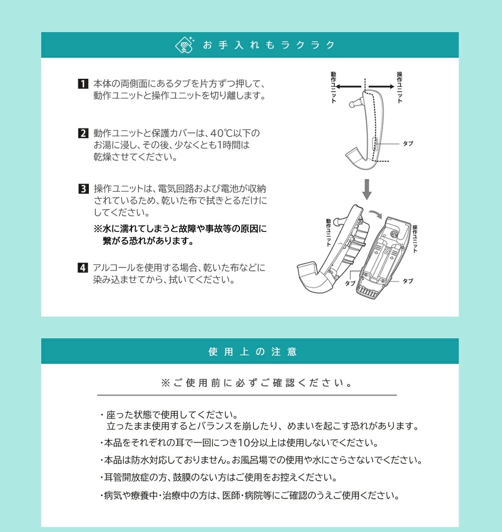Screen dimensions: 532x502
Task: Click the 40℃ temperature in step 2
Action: tap(220, 134)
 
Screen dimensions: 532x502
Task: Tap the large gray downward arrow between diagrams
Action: tap(367, 188)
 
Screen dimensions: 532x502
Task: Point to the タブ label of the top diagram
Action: tap(408, 144)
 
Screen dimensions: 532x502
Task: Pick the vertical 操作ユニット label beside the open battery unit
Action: tap(415, 238)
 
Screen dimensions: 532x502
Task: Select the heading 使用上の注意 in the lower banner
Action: tap(253, 352)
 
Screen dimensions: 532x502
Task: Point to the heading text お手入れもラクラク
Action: tap(269, 45)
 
